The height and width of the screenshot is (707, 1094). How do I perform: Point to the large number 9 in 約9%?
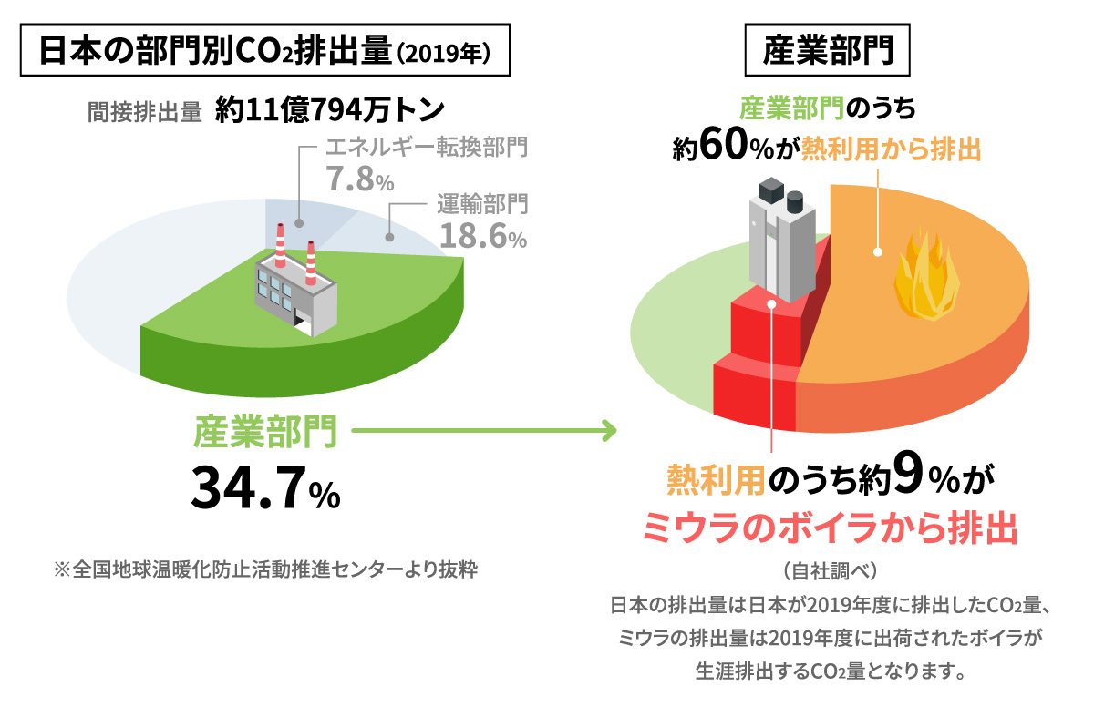coord(906,476)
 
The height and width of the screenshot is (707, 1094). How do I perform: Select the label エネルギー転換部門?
coord(427,146)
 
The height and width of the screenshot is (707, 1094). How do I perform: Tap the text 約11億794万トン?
coord(330,110)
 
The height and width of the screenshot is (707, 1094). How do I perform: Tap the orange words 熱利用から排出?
coord(891,149)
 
